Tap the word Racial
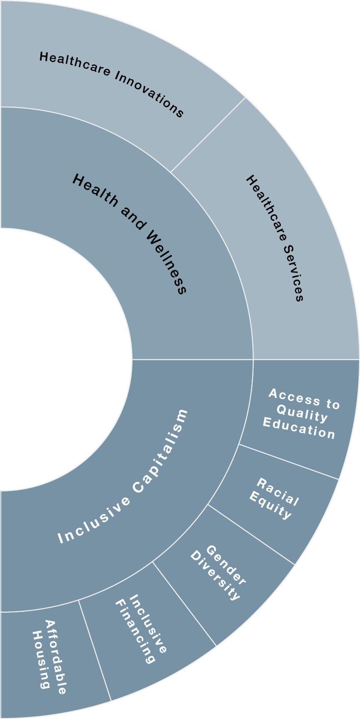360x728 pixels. coord(278,492)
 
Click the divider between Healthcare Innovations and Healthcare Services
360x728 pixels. coord(208,135)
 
